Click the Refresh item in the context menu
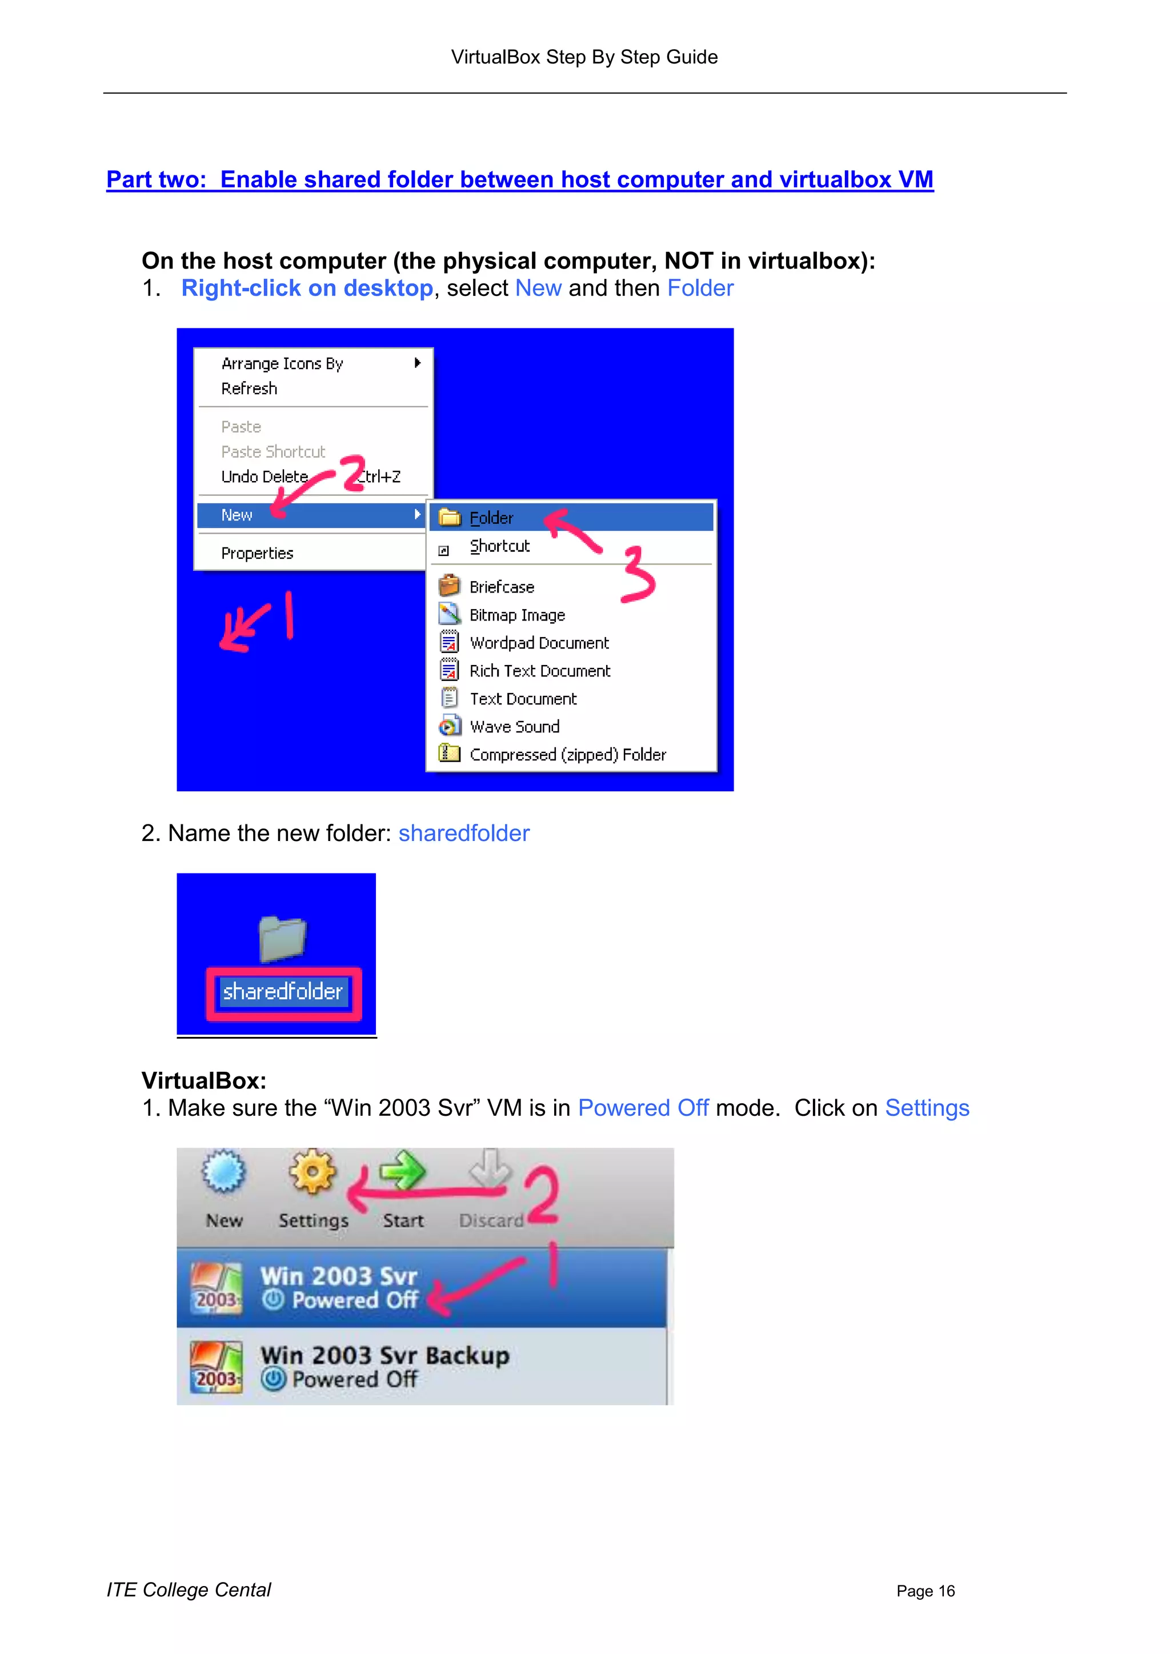coord(249,389)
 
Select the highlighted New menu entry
coord(237,515)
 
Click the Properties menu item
coord(257,553)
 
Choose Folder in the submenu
coord(491,518)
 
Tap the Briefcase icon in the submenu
coord(449,585)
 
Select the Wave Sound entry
coord(514,727)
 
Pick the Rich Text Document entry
coord(540,671)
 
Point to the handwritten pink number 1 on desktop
coord(289,615)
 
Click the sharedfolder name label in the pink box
coord(282,992)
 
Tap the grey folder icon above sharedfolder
coord(282,939)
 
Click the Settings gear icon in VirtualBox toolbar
coord(312,1171)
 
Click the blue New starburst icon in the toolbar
coord(223,1171)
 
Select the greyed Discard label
coord(491,1220)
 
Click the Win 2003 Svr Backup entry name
coord(384,1355)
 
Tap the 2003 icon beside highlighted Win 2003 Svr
coord(215,1288)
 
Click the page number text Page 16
coord(925,1591)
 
